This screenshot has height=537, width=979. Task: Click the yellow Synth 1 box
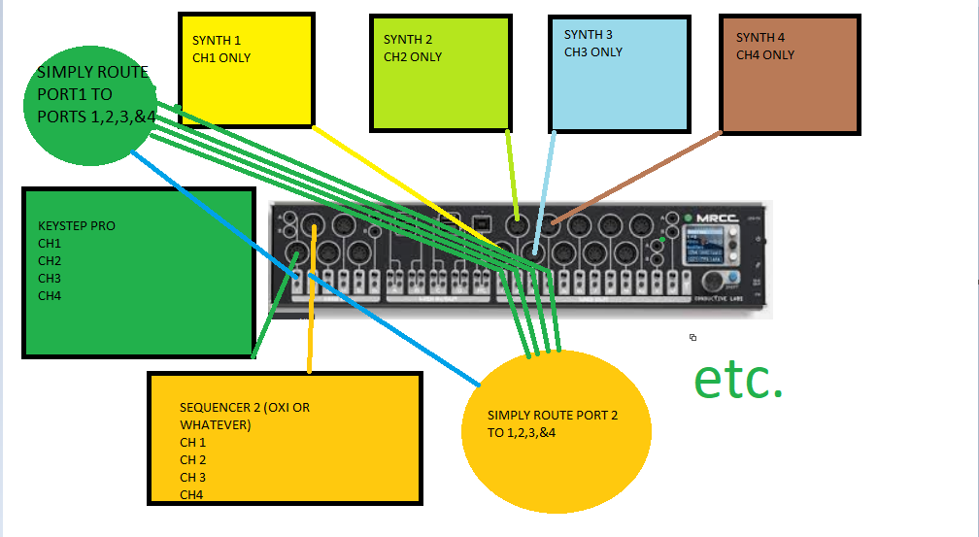tap(247, 87)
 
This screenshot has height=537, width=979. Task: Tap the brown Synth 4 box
tap(790, 87)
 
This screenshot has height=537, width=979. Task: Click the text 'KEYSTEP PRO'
tap(77, 226)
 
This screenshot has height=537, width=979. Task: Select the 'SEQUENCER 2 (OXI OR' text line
tap(245, 408)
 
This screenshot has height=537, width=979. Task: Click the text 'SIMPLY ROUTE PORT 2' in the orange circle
tap(553, 416)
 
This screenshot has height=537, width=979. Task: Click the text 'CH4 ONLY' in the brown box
tap(765, 55)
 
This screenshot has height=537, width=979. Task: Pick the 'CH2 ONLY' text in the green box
tap(413, 57)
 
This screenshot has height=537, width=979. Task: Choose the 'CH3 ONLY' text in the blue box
tap(593, 52)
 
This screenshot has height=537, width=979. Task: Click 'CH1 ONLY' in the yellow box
tap(221, 58)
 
